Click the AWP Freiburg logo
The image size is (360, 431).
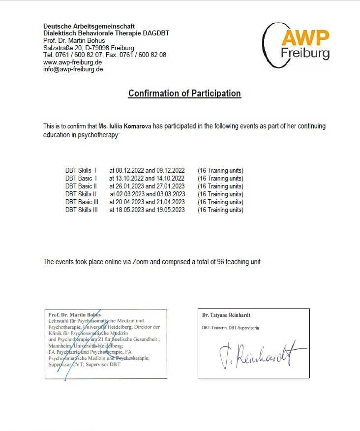click(297, 44)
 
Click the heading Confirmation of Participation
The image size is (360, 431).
click(184, 93)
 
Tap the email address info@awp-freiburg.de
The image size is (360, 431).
click(73, 69)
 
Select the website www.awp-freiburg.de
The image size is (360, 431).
click(73, 62)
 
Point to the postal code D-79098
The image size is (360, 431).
click(95, 48)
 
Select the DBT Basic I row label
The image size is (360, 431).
click(81, 179)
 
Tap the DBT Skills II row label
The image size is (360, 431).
click(81, 194)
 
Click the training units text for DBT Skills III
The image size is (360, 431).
click(220, 210)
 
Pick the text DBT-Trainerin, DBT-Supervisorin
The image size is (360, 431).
click(230, 328)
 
